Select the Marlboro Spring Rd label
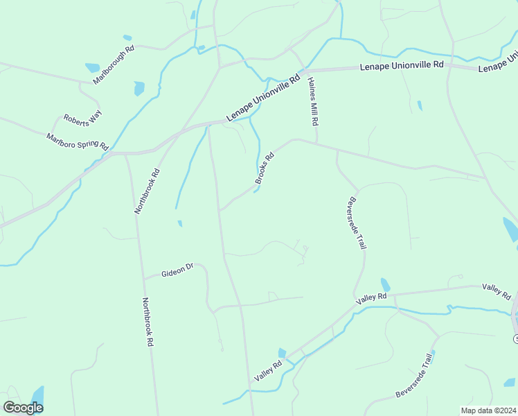[x=78, y=141]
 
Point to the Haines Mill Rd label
[x=312, y=101]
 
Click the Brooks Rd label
[x=265, y=168]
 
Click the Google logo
[x=24, y=408]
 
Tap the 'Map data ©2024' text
[x=488, y=410]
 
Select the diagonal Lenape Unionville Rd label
[x=263, y=99]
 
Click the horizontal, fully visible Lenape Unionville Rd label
[x=402, y=65]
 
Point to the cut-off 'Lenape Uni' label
[x=498, y=62]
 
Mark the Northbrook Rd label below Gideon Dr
[x=147, y=322]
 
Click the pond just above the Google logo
[x=37, y=397]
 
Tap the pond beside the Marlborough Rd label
[x=92, y=68]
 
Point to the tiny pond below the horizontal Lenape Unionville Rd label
[x=420, y=105]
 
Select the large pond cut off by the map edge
[x=510, y=229]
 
